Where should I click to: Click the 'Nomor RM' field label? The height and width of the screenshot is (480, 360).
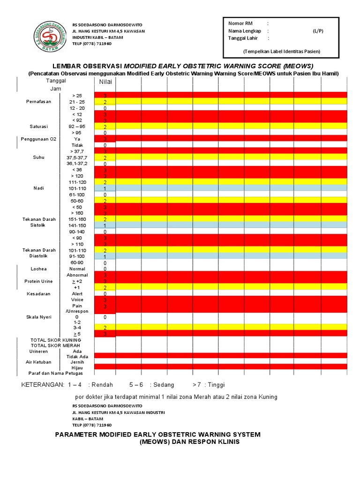pyautogui.click(x=240, y=23)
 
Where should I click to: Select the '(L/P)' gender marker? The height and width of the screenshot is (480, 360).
pyautogui.click(x=318, y=30)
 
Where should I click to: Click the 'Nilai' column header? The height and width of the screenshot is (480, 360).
pyautogui.click(x=105, y=82)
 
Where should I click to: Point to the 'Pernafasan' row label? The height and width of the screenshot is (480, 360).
pyautogui.click(x=39, y=102)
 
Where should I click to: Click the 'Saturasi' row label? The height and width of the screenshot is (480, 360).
pyautogui.click(x=39, y=127)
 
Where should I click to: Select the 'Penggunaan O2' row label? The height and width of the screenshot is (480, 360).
pyautogui.click(x=38, y=139)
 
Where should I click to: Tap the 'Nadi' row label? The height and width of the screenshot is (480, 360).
pyautogui.click(x=38, y=188)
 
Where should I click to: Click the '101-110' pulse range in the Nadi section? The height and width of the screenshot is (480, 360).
pyautogui.click(x=77, y=188)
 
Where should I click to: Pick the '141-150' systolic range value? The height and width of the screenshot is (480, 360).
pyautogui.click(x=77, y=225)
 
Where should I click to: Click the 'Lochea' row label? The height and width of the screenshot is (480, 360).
pyautogui.click(x=38, y=269)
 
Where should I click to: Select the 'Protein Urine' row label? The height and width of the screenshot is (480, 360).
pyautogui.click(x=39, y=281)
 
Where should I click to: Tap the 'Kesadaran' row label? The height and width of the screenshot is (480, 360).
pyautogui.click(x=38, y=294)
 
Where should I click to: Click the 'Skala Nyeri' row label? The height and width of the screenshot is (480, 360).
pyautogui.click(x=39, y=317)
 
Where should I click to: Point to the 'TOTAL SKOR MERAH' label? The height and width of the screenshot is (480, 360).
pyautogui.click(x=56, y=345)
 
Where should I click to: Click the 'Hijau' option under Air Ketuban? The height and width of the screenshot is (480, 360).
pyautogui.click(x=77, y=368)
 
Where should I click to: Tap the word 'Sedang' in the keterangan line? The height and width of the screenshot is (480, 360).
pyautogui.click(x=163, y=385)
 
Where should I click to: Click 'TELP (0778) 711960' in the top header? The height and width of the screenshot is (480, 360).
pyautogui.click(x=92, y=44)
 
